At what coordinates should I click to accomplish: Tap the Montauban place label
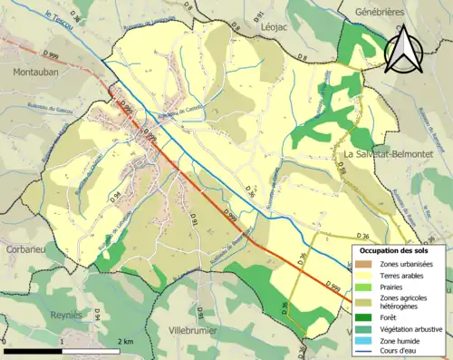[37, 70]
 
